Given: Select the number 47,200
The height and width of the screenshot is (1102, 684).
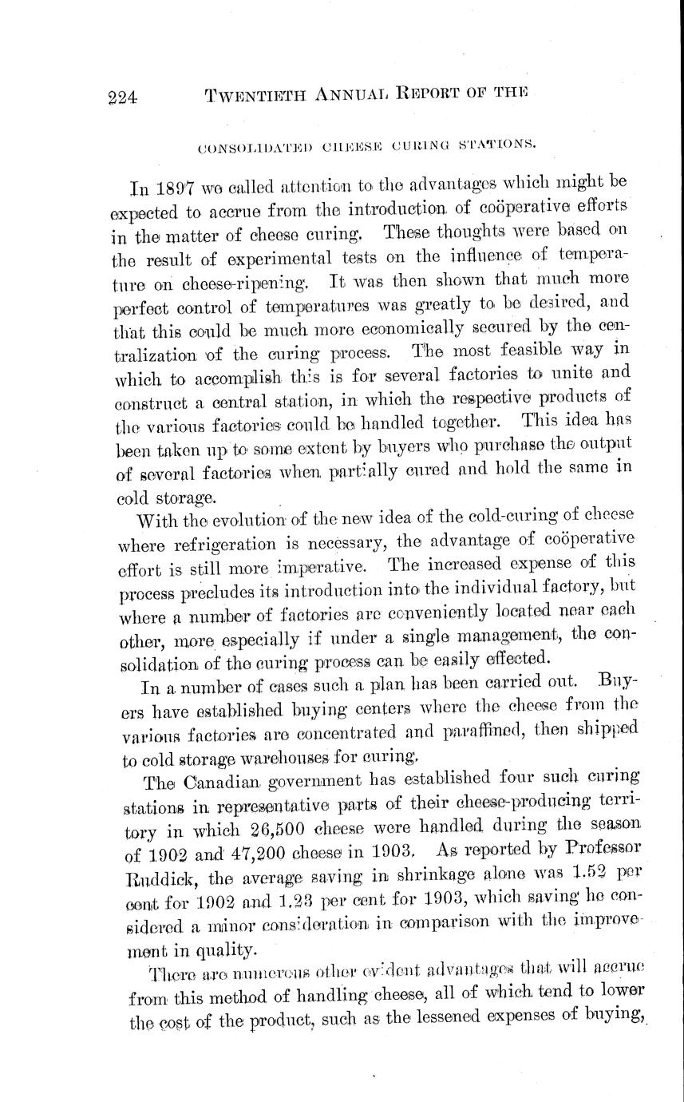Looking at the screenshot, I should click(238, 850).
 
